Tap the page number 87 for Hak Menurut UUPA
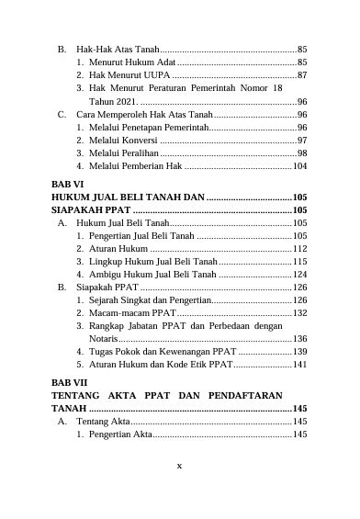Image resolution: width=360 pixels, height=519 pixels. coord(302,74)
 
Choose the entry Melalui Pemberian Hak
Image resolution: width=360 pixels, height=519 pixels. coord(136,166)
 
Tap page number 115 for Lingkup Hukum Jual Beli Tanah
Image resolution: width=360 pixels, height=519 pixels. coord(299,262)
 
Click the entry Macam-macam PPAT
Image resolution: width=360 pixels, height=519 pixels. coord(132,313)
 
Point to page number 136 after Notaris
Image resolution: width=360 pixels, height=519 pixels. coord(299,339)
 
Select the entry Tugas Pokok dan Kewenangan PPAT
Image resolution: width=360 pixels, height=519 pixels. coord(163,352)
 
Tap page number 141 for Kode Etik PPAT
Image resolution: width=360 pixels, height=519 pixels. coord(299,365)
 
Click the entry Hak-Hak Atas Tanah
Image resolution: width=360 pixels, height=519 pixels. coord(118,48)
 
